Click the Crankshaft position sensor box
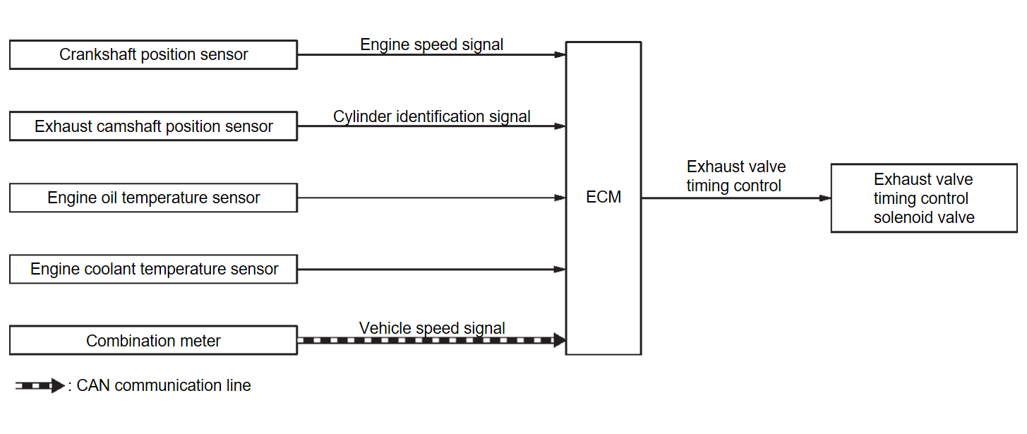pos(153,55)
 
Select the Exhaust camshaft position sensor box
pos(153,127)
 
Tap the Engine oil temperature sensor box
pos(153,198)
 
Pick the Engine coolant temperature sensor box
pos(153,270)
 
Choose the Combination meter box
pos(153,341)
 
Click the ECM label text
pos(603,198)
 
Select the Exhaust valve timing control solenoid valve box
pos(924,198)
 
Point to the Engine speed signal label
pos(432,44)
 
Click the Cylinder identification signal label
pos(432,116)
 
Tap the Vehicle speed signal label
pos(432,328)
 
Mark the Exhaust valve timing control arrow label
pos(735,176)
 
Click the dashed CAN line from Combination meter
pos(424,340)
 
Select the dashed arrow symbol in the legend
pos(40,386)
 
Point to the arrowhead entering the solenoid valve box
pos(825,198)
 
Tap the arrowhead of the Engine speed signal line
pos(560,54)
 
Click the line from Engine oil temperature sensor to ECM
pos(424,198)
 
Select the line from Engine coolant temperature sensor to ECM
pos(424,269)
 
